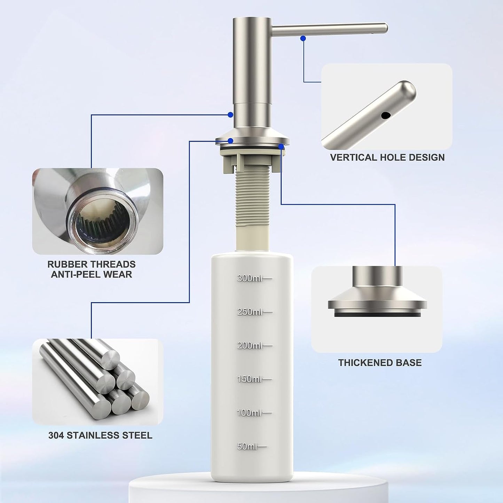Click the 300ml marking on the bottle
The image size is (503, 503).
pyautogui.click(x=254, y=278)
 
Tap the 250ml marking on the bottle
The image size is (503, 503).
pyautogui.click(x=254, y=312)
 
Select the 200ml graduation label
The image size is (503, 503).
pyautogui.click(x=254, y=346)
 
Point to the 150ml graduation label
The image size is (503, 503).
pyautogui.click(x=254, y=379)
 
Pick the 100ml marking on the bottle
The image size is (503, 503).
pyautogui.click(x=254, y=413)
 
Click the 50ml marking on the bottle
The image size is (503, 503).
pyautogui.click(x=252, y=446)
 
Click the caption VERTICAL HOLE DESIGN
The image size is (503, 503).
pyautogui.click(x=387, y=157)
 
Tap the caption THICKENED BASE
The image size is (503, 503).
pyautogui.click(x=380, y=363)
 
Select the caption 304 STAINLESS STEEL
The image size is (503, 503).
pyautogui.click(x=100, y=435)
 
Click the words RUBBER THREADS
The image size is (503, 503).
pyautogui.click(x=91, y=264)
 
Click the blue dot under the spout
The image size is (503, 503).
pyautogui.click(x=303, y=38)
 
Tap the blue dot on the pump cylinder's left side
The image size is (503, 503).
pyautogui.click(x=230, y=114)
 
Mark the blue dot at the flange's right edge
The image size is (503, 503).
pyautogui.click(x=281, y=147)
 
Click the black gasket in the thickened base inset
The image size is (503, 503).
pyautogui.click(x=377, y=313)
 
